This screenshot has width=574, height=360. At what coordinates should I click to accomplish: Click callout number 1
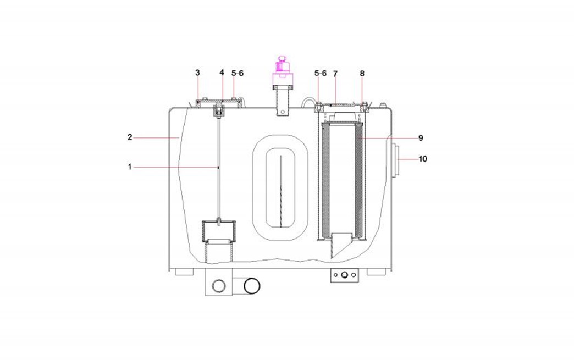(130, 167)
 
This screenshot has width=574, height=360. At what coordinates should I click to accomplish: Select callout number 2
(130, 137)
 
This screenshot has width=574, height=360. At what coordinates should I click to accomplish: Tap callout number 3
(198, 73)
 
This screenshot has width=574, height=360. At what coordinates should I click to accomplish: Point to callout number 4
(222, 73)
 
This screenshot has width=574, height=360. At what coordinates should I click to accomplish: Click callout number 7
(335, 74)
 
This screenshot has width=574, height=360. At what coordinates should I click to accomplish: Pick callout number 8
(362, 74)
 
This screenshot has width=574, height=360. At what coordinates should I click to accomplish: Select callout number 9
(421, 138)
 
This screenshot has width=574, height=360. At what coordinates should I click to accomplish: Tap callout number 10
(423, 159)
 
